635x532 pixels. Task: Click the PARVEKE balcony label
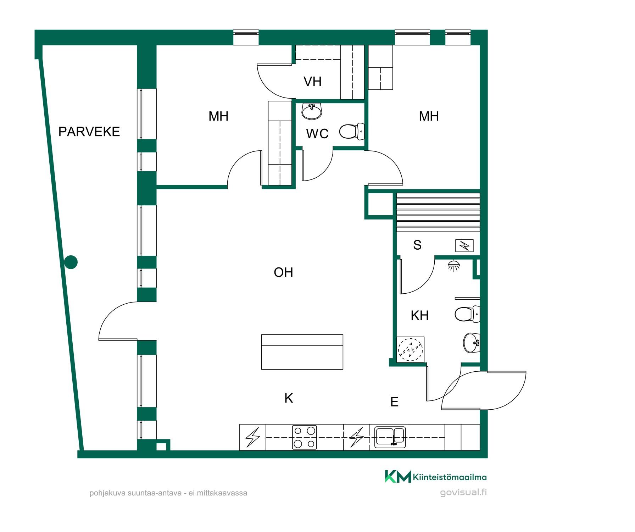pyautogui.click(x=89, y=132)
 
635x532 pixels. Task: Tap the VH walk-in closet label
pyautogui.click(x=312, y=82)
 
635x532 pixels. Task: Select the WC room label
pyautogui.click(x=317, y=134)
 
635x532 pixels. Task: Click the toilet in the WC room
pyautogui.click(x=352, y=131)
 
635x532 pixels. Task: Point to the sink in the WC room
pyautogui.click(x=312, y=111)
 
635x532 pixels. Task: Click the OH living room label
pyautogui.click(x=283, y=272)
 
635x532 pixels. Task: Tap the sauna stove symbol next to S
pyautogui.click(x=464, y=245)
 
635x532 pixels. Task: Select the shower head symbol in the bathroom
pyautogui.click(x=453, y=266)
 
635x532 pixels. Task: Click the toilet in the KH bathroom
pyautogui.click(x=467, y=314)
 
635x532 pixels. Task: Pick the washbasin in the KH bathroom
pyautogui.click(x=472, y=343)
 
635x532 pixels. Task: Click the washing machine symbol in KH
pyautogui.click(x=411, y=349)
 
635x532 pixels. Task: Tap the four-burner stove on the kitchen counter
pyautogui.click(x=305, y=437)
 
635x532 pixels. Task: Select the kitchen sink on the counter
pyautogui.click(x=390, y=437)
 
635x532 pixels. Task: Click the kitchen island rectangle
pyautogui.click(x=302, y=352)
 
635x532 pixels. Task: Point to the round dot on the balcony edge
pyautogui.click(x=71, y=262)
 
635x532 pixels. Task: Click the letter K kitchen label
pyautogui.click(x=289, y=398)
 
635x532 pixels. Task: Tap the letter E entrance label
pyautogui.click(x=394, y=402)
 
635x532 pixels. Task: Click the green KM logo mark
pyautogui.click(x=398, y=476)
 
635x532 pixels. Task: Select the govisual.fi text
pyautogui.click(x=463, y=492)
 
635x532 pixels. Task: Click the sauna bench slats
pyautogui.click(x=438, y=212)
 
